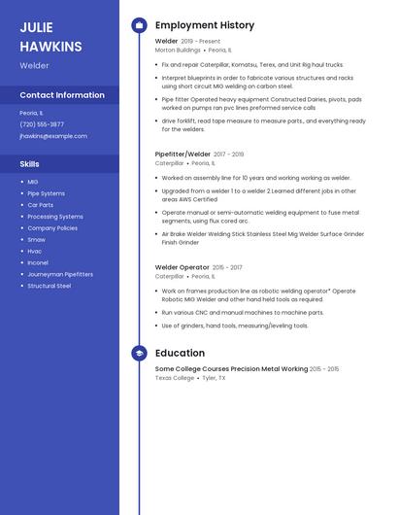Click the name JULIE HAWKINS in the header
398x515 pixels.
[50, 36]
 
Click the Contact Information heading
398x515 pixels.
[62, 95]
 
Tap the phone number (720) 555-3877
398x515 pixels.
[42, 124]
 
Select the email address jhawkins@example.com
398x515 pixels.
[53, 136]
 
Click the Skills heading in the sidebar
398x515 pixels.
[29, 164]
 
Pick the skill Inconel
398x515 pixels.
[38, 262]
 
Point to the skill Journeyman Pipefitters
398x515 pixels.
[60, 274]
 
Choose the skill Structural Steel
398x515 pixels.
[50, 286]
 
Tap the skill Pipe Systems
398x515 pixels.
[47, 193]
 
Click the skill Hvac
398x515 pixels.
[35, 251]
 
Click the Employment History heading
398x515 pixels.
[205, 25]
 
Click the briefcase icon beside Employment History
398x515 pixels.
[139, 25]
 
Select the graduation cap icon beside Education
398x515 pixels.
[139, 354]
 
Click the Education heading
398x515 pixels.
[180, 354]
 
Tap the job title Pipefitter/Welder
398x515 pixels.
[182, 154]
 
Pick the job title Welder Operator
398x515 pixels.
[182, 267]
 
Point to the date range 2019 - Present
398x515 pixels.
[201, 42]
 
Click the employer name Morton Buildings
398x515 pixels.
[179, 50]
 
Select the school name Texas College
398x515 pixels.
[175, 378]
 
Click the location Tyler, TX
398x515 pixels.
[214, 378]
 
